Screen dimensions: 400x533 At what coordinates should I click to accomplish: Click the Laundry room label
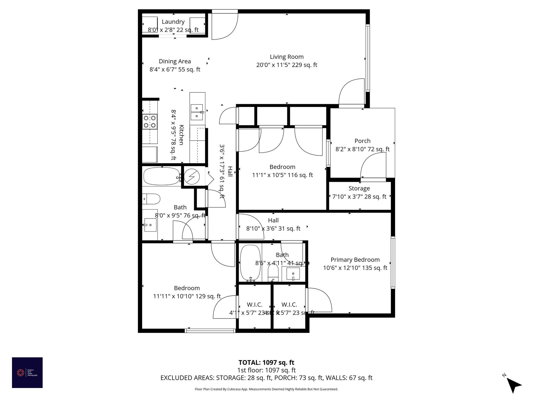click(x=173, y=22)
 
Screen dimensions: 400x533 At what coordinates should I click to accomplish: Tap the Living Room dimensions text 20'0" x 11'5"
click(x=287, y=65)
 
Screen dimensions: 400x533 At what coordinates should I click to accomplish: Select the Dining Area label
click(x=175, y=61)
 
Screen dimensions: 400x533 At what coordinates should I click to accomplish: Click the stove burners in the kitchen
click(x=150, y=122)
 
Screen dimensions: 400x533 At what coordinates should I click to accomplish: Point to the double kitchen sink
click(x=197, y=112)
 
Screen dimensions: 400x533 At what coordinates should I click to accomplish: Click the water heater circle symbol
click(x=192, y=177)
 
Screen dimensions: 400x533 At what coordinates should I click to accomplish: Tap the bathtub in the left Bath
click(x=161, y=176)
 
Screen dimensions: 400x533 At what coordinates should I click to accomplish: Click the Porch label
click(x=362, y=141)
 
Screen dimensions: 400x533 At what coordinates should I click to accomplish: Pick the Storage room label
click(x=359, y=188)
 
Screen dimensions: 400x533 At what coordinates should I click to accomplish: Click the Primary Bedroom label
click(x=355, y=260)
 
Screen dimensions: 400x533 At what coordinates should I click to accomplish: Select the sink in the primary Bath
click(x=293, y=274)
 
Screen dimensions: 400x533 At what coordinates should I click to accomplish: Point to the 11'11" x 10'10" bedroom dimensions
click(x=187, y=296)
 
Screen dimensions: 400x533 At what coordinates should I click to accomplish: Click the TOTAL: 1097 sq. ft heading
click(x=266, y=362)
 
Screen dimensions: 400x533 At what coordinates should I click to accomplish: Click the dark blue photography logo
click(x=27, y=373)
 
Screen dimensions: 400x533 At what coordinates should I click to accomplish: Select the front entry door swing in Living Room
click(x=224, y=26)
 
